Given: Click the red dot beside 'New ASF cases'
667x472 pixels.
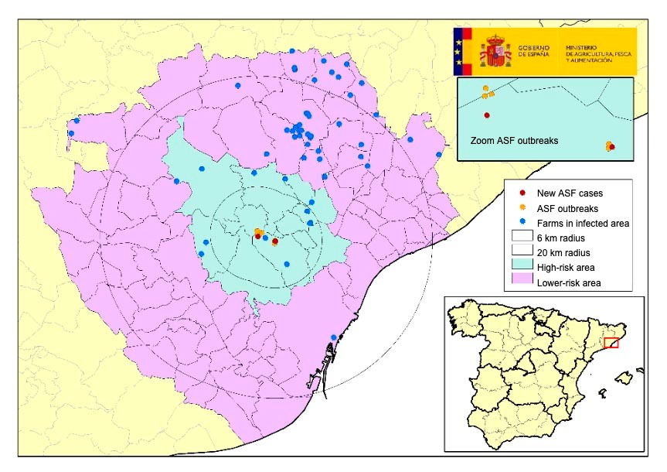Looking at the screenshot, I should tap(523, 192).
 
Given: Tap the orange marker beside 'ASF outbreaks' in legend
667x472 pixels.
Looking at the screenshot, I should tap(523, 207).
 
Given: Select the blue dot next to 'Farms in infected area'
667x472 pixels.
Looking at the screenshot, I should tap(523, 223).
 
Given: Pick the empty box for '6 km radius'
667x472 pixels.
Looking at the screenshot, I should tap(522, 238).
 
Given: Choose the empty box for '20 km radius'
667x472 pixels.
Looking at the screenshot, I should tap(522, 252).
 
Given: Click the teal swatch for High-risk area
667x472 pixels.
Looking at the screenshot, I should tap(522, 268).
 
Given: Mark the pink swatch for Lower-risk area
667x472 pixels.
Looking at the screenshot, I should tap(522, 282).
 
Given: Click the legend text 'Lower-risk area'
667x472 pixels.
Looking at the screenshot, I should tap(569, 283).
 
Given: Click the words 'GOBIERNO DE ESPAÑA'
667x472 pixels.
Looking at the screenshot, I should tap(535, 51).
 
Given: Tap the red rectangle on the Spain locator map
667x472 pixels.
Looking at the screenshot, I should tap(611, 343).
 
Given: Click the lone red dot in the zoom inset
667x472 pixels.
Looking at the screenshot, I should tap(487, 115).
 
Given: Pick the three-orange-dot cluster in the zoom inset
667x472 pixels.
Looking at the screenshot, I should tap(487, 93).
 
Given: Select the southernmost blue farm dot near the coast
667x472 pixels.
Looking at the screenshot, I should tap(334, 337).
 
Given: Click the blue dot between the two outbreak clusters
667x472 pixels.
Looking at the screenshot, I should tap(266, 238).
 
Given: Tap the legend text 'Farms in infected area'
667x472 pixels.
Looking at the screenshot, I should tap(583, 223).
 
